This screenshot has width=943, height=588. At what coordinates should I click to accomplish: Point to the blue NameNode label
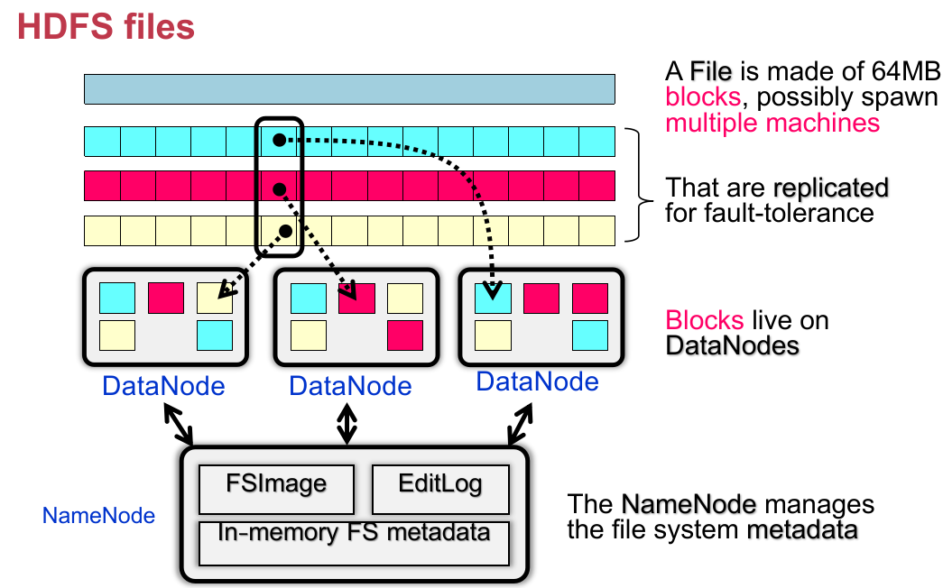98,517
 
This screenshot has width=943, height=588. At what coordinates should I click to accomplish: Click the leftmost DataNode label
163,386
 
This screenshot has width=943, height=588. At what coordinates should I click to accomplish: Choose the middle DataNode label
350,386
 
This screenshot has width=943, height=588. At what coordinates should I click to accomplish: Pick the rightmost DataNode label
537,381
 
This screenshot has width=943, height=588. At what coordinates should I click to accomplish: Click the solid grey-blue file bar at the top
349,89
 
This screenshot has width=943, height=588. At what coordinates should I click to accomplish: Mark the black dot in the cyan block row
280,140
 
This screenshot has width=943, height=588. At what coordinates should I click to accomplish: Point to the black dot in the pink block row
280,188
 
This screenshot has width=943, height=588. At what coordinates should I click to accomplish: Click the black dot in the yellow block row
285,231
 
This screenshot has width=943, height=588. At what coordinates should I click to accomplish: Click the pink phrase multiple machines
772,122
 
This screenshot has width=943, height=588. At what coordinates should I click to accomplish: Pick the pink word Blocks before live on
703,320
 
